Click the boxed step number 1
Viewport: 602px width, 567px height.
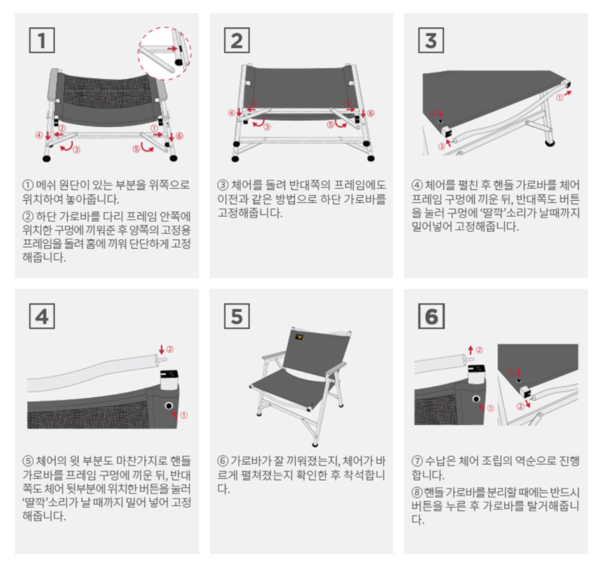42,41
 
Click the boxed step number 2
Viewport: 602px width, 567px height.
237,41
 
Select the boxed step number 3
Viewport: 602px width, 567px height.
431,41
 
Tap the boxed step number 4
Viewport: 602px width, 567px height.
42,316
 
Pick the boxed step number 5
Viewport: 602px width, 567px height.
237,316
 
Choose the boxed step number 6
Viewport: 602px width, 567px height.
431,316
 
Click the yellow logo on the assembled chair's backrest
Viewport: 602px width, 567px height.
299,338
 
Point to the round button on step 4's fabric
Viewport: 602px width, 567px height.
168,406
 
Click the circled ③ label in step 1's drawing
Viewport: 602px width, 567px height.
77,150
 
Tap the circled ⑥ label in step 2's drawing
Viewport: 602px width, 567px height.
371,113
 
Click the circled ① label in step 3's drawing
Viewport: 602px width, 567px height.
560,98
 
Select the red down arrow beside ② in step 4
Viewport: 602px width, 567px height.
162,350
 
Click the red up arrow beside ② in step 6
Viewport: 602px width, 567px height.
471,350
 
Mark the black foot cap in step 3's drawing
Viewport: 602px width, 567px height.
550,144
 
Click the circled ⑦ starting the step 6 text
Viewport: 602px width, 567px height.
418,461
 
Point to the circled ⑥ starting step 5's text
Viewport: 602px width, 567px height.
223,461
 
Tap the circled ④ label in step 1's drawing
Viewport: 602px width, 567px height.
39,135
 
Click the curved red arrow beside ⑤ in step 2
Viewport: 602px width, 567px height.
340,123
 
